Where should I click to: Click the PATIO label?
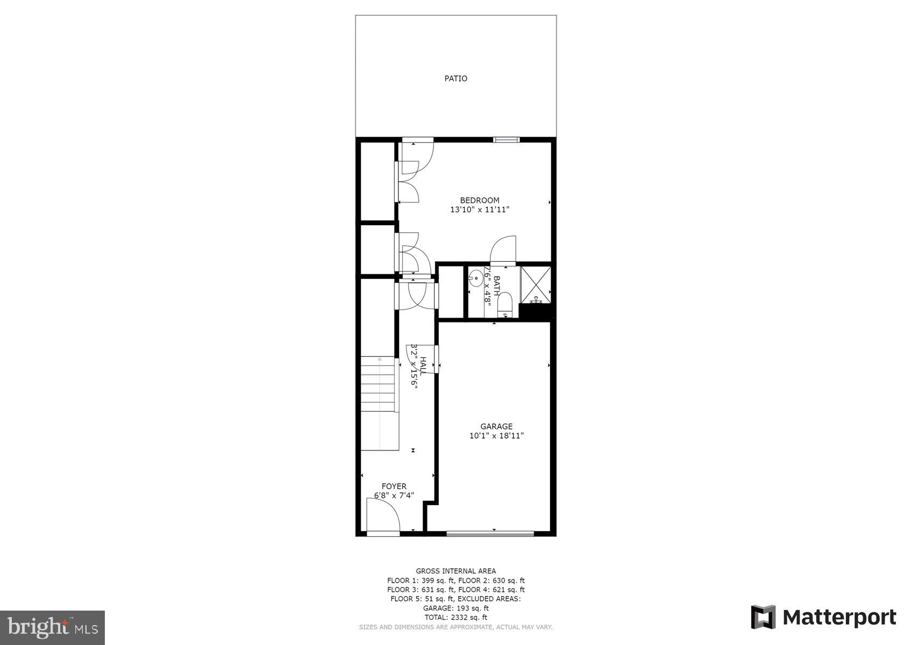(455, 78)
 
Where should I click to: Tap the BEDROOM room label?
(479, 200)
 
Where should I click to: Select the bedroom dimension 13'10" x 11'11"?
(479, 210)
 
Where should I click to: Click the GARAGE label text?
(496, 427)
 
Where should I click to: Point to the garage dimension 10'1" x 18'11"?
(496, 436)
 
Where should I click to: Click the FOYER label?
(394, 486)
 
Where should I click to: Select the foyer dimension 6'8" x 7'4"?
(394, 496)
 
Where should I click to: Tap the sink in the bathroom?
(475, 278)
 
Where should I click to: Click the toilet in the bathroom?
(504, 304)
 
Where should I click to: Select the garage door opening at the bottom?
(490, 534)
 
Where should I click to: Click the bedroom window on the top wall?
(507, 140)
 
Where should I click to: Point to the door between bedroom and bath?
(504, 250)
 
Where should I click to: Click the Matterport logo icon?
(763, 617)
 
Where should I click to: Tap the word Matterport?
(839, 617)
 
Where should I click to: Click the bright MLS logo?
(52, 627)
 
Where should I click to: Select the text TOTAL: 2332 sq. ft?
(455, 618)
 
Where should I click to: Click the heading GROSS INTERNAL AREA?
(455, 571)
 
